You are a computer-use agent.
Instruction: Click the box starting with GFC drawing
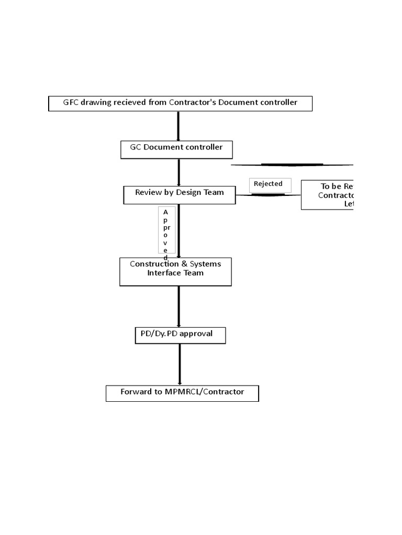(x=180, y=103)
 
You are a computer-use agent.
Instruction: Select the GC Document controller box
(x=176, y=149)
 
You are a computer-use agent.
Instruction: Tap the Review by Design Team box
(x=179, y=195)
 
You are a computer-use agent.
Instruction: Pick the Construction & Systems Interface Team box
(x=175, y=272)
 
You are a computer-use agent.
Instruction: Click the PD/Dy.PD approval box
(x=180, y=335)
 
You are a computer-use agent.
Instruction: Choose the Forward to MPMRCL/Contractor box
(x=182, y=393)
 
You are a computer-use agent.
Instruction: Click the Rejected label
(x=269, y=184)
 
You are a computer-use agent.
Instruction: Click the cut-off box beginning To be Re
(x=328, y=195)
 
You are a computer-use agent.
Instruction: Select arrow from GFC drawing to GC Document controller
(x=178, y=126)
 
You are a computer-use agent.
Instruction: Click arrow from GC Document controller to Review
(x=178, y=172)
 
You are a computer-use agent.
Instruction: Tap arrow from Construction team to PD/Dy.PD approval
(x=178, y=306)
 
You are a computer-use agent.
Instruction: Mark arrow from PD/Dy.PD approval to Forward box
(x=180, y=364)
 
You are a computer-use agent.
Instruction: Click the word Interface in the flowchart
(x=164, y=273)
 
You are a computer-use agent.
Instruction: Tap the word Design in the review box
(x=188, y=192)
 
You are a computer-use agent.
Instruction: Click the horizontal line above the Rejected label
(x=292, y=165)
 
